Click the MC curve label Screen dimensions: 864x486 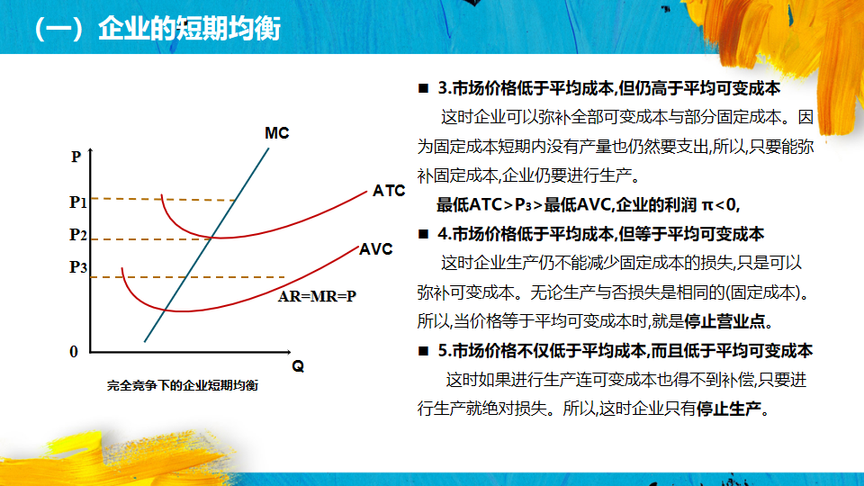point(276,133)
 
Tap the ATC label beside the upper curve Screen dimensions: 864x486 point(389,191)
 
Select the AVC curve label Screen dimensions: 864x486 point(376,249)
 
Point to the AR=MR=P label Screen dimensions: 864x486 point(317,296)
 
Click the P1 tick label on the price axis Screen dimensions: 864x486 point(78,202)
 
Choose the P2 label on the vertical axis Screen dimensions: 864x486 point(78,235)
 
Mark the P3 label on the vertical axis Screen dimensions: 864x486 point(78,267)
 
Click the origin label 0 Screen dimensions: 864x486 point(74,352)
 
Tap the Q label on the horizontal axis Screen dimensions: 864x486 point(298,366)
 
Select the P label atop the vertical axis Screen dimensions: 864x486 point(76,157)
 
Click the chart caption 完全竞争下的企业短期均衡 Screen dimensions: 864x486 point(183,386)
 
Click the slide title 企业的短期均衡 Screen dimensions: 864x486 point(190,29)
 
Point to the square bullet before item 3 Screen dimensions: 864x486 point(423,88)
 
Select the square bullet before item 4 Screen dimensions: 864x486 point(423,234)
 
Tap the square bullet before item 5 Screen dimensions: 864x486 point(423,351)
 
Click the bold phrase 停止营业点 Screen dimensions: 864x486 point(724,321)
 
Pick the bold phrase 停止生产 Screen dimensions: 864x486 point(728,409)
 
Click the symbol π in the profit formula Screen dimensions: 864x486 point(707,205)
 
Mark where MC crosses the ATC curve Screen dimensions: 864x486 point(211,238)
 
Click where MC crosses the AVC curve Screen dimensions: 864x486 point(166,310)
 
